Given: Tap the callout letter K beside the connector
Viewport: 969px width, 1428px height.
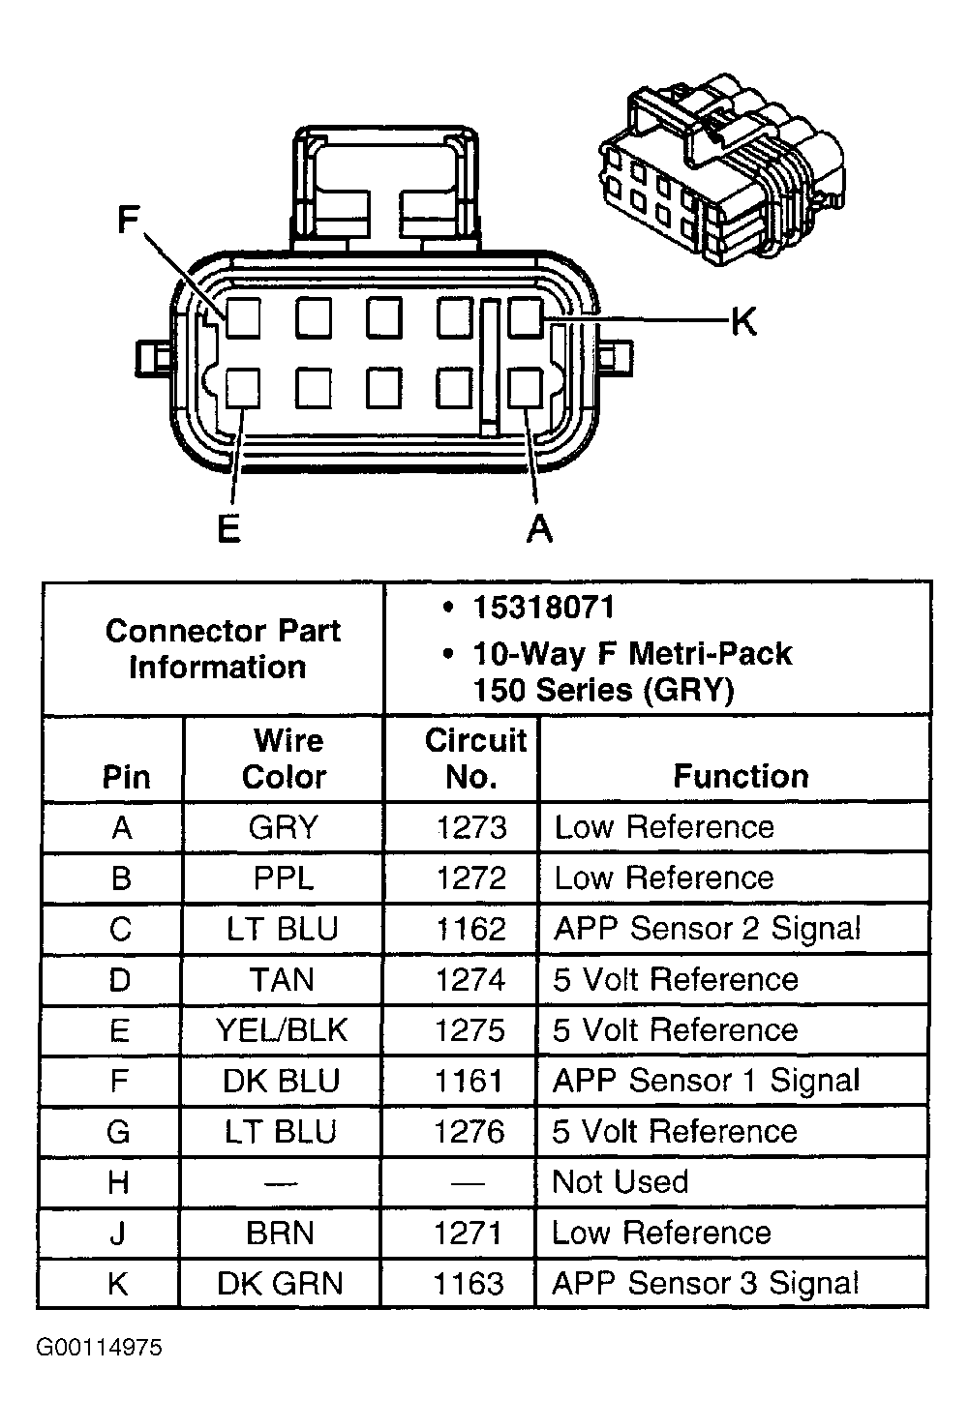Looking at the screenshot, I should [742, 321].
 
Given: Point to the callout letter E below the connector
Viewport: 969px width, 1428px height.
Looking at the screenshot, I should [228, 528].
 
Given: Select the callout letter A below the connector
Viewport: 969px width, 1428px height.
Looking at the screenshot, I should [539, 528].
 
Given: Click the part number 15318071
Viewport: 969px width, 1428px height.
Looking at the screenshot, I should [542, 608].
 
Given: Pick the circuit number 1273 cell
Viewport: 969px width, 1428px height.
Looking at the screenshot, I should [470, 828].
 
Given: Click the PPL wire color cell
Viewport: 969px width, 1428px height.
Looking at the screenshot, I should [283, 878].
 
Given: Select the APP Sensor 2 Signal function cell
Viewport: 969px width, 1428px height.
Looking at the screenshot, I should [707, 929].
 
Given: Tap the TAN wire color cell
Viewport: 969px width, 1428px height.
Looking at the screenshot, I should [282, 980].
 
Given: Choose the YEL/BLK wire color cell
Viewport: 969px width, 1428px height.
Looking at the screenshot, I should [282, 1030].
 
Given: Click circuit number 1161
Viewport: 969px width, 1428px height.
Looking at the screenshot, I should [469, 1081].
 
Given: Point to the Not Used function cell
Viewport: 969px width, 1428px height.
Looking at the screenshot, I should [620, 1182].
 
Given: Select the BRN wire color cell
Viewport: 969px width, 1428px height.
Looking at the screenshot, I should [281, 1233].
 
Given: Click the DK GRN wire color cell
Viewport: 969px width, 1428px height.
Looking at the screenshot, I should [280, 1284].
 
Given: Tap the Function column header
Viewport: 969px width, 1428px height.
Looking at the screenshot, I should [741, 776].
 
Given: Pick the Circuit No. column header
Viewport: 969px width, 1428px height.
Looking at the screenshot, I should [474, 759].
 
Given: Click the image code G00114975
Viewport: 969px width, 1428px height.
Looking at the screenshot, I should [100, 1348].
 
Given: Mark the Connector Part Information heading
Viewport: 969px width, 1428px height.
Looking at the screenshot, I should [221, 648].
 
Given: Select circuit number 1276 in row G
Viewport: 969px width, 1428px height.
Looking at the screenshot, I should [469, 1132].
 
